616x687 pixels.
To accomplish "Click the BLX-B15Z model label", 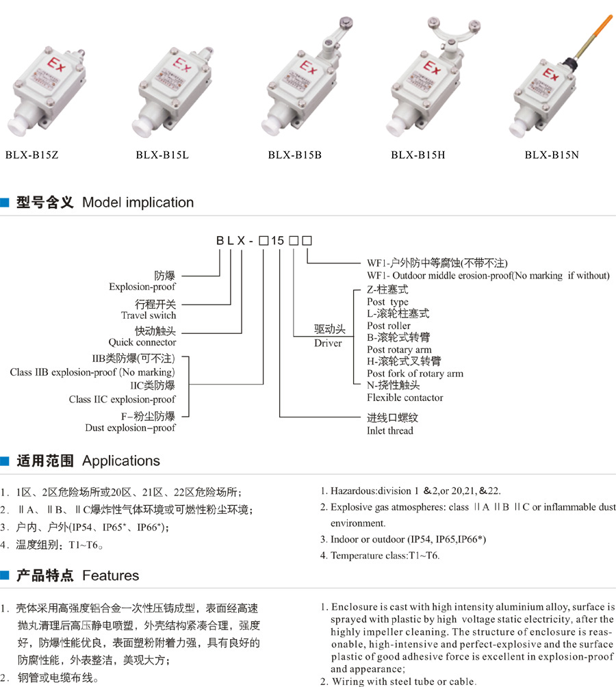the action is point(31,155).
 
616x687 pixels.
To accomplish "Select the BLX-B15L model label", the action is point(162,155).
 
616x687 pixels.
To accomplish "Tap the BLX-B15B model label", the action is point(295,155).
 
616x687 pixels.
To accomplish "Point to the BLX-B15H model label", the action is point(418,155).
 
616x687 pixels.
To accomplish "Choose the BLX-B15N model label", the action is point(552,155).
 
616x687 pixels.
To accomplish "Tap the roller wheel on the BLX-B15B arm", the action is point(346,23).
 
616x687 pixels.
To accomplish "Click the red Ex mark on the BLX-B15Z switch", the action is point(57,65).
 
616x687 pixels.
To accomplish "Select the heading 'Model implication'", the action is point(138,203).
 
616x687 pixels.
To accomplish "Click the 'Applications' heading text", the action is point(121,461).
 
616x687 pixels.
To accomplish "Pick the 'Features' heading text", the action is point(110,575).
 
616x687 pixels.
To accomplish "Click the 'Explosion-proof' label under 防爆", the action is point(142,287).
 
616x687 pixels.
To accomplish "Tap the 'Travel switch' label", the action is point(149,315).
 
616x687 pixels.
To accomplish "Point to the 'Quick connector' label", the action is point(142,342).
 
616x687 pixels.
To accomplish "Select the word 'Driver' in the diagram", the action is point(328,343).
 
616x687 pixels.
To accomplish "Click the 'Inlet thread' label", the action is point(390,430).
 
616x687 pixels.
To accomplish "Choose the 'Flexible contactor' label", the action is point(405,398).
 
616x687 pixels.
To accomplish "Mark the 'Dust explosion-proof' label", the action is point(130,428).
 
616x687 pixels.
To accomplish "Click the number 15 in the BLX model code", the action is point(277,241).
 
